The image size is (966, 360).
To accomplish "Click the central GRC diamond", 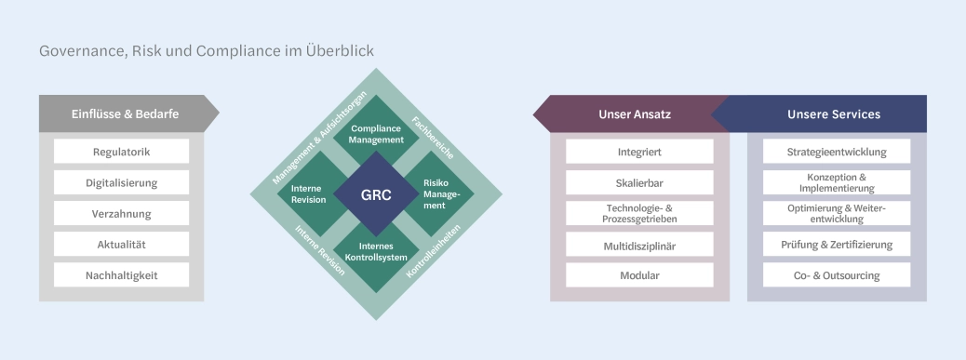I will coord(376,195).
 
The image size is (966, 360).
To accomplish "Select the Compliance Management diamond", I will coord(376,134).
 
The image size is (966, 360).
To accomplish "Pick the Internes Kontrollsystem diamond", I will coord(376,252).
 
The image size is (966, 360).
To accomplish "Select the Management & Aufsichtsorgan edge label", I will coord(319,138).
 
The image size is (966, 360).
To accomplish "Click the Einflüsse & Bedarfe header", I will coord(125,113).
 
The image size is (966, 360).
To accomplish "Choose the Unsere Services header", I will coord(833,114).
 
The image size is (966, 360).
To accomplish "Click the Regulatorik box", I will coord(122,152).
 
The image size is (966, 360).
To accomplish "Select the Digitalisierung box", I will coord(122,182).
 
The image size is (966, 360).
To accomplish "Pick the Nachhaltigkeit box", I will coord(122,275).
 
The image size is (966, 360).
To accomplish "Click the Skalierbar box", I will coord(639,182).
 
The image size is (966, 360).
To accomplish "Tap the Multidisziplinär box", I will coord(639,245).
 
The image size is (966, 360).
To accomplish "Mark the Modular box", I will coord(639,275).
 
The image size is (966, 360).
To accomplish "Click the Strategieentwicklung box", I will coord(836,152).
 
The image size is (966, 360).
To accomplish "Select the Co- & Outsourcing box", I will coord(836,275).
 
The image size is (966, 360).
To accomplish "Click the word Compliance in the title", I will coord(239,51).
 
